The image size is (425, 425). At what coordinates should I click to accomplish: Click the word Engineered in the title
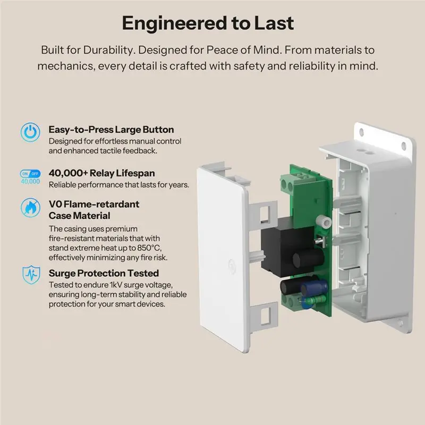175,23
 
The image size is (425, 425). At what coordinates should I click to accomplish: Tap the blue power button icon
30,132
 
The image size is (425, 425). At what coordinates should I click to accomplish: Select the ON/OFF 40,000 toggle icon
30,177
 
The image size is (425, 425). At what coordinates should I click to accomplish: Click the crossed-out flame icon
30,208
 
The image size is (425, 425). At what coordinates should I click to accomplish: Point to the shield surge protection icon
31,275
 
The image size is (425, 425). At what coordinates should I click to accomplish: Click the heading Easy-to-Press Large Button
111,130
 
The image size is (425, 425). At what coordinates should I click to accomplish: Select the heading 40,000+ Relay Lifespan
101,173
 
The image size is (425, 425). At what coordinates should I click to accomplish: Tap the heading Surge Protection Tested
104,273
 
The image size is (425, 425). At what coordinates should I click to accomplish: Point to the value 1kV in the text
116,285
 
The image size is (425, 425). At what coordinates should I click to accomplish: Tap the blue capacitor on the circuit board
311,288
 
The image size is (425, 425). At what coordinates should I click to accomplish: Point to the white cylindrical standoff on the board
325,222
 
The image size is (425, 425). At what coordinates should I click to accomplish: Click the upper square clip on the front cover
263,213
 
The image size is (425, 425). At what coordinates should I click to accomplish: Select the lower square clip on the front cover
264,314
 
